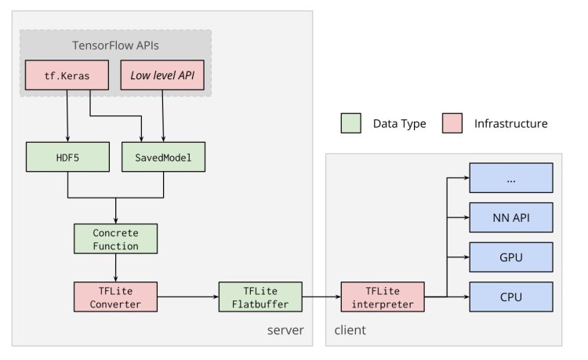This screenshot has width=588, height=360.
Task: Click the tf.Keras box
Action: coord(67,75)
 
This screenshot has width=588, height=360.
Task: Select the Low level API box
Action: coord(162,75)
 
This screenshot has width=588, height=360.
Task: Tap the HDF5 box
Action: coord(68,157)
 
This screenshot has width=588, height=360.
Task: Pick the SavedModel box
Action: coord(164,157)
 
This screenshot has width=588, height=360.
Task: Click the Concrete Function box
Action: coord(115,239)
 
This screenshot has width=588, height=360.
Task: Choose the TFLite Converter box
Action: coord(115,297)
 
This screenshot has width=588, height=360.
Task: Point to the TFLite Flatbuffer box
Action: coord(260,297)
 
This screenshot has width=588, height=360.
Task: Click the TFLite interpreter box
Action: coord(383,297)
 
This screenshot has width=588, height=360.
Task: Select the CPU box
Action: coord(511,297)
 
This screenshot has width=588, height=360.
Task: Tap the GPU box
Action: coord(511,257)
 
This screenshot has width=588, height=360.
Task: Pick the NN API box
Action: coord(511,217)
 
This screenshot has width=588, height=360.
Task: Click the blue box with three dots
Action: coord(511,178)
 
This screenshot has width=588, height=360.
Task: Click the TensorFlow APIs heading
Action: coord(115,45)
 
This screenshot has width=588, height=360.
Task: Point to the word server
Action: coord(285,330)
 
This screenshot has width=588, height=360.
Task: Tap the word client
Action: coord(350,330)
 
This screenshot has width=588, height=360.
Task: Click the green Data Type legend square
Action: coord(351,123)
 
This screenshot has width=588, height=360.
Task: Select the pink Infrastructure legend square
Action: coord(452,123)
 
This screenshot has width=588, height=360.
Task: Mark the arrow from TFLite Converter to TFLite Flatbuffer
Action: coord(188,297)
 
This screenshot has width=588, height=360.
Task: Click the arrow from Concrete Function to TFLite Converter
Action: coord(115,267)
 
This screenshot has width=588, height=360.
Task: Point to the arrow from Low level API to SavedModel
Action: coord(163,116)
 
